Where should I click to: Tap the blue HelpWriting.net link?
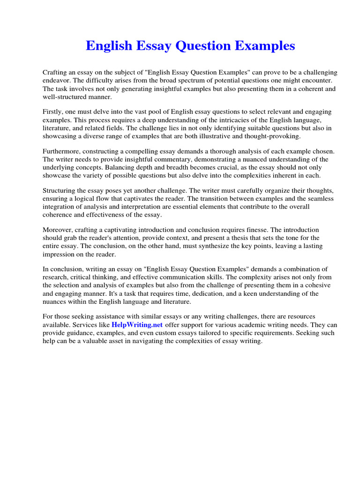tap(137, 325)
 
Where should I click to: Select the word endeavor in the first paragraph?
tap(57, 81)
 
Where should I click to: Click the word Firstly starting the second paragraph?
tap(53, 112)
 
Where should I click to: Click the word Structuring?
tap(60, 191)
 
